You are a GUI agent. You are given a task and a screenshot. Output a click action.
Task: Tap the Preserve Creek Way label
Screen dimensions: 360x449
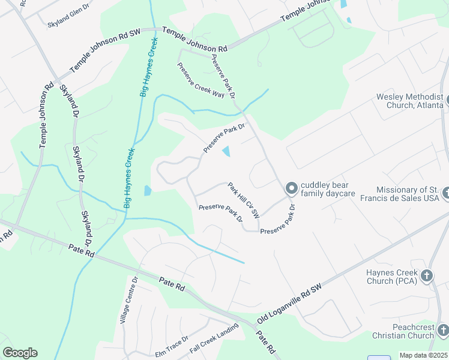click(x=200, y=80)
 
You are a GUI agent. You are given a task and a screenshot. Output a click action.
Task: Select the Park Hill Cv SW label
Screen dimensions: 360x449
click(x=244, y=200)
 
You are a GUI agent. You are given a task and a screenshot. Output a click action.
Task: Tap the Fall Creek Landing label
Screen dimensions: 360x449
click(x=214, y=337)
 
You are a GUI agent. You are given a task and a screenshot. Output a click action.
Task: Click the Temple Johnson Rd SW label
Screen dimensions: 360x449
click(x=106, y=50)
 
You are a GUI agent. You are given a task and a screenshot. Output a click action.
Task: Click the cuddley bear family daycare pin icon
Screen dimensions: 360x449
click(x=291, y=189)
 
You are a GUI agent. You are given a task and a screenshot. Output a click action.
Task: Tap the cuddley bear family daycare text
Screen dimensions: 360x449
click(x=328, y=189)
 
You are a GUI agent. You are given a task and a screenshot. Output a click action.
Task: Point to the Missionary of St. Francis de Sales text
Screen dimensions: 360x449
click(x=408, y=194)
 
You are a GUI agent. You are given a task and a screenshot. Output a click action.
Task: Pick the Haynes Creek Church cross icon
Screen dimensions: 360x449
click(x=426, y=276)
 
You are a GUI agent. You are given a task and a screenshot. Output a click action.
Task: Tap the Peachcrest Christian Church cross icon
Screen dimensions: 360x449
click(x=442, y=330)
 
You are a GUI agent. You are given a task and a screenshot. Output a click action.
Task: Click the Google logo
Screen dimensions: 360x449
click(x=20, y=353)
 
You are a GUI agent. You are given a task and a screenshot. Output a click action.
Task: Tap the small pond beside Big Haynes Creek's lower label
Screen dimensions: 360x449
click(x=148, y=191)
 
